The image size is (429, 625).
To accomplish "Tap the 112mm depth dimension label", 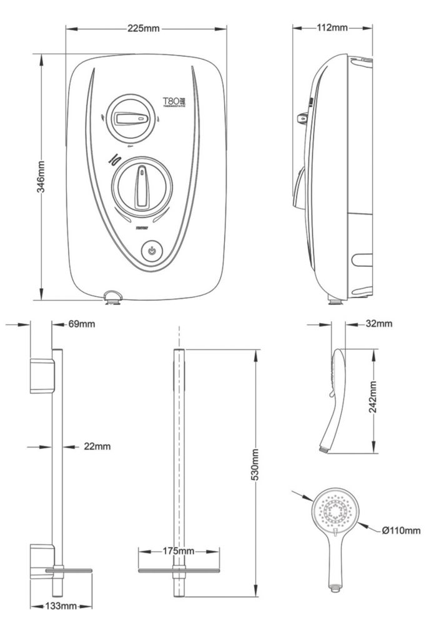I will (332, 28).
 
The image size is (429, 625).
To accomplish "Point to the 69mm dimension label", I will (81, 324).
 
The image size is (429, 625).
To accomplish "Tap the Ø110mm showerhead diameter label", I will (401, 531).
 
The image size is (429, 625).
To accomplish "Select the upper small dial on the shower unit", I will (131, 118).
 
